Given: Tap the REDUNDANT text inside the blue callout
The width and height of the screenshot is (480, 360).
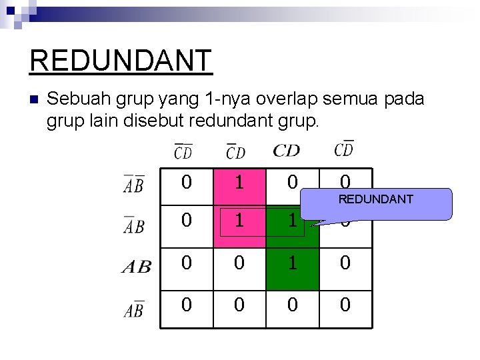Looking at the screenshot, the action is pos(375,199).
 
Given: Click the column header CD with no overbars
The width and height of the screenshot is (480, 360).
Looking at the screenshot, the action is pos(286,151).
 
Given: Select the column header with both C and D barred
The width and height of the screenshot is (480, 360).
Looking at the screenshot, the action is pos(183,151).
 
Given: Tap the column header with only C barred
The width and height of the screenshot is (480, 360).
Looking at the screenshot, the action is pos(235,151).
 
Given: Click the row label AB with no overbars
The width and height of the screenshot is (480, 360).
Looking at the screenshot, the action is pos(137,267).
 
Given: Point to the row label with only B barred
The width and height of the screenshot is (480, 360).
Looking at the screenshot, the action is pos(134,309).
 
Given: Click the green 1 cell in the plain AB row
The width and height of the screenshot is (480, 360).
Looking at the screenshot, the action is pos(292,263).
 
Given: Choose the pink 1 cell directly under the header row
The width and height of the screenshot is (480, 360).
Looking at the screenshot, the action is pos(239,181).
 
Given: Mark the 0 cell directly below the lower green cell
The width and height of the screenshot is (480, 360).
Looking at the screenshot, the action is pos(292,305).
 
